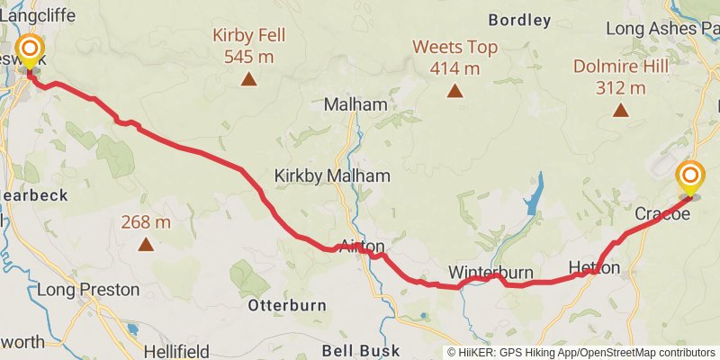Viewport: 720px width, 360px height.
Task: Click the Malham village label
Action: (x=355, y=104)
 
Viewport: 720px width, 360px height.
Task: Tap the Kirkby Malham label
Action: (x=332, y=175)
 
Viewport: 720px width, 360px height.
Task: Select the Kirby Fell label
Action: (x=248, y=36)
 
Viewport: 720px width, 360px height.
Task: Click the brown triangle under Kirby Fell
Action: (x=248, y=79)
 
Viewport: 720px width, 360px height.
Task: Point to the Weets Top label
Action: (x=455, y=47)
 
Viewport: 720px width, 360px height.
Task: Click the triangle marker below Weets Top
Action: (x=455, y=90)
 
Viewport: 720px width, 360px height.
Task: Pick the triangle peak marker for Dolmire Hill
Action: (x=620, y=110)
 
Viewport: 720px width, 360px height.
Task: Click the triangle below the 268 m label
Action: (x=145, y=243)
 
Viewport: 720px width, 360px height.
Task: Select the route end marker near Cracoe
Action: (x=690, y=176)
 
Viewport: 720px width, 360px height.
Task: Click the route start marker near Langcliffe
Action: (x=31, y=49)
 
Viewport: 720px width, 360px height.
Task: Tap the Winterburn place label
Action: (x=490, y=273)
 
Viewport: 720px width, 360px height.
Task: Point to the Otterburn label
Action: (x=287, y=305)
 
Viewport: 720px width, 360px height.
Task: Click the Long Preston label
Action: (x=88, y=290)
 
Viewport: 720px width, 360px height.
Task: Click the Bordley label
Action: (x=519, y=19)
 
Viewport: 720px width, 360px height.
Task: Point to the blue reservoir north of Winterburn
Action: (x=535, y=200)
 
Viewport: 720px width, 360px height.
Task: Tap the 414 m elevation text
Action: (x=455, y=68)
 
